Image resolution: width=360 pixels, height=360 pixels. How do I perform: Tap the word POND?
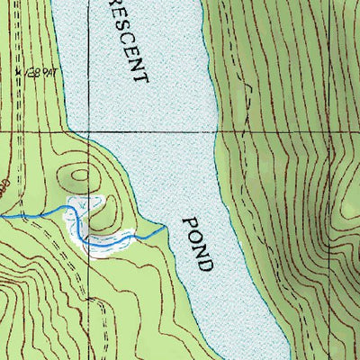(199, 243)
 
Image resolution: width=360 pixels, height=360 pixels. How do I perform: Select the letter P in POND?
(189, 221)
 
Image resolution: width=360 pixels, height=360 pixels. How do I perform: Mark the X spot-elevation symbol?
(19, 70)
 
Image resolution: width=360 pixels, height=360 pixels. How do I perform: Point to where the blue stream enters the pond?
(166, 229)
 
